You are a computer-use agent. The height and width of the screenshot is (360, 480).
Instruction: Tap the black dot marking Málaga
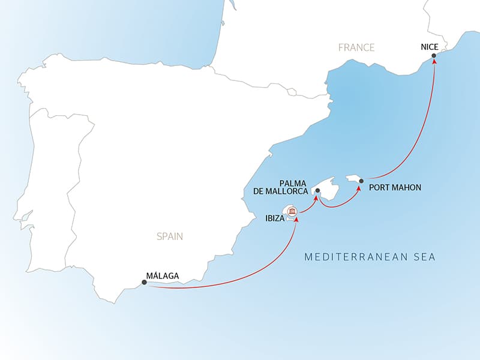(144, 282)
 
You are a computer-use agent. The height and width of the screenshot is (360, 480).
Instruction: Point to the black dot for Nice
(434, 59)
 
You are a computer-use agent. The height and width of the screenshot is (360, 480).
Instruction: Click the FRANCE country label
(356, 47)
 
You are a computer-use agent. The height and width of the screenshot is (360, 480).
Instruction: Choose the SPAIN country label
(169, 236)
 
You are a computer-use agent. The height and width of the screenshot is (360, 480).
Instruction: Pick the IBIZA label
(274, 219)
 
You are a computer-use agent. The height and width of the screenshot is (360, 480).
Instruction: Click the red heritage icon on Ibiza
(292, 211)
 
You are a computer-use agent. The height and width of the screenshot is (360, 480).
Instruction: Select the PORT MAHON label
(395, 187)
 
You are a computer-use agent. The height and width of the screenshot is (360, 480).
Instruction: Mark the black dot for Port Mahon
(361, 181)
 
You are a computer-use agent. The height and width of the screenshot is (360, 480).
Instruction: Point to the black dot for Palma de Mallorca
(317, 191)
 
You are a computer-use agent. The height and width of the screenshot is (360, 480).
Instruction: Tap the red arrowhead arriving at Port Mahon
(359, 187)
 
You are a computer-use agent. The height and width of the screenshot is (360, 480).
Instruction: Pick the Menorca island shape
(355, 178)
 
